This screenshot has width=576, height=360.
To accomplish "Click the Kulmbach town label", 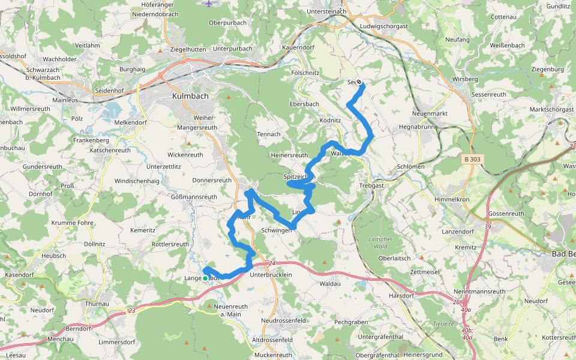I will pos(189,95).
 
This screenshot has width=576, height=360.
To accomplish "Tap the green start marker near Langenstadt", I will pos(205,278).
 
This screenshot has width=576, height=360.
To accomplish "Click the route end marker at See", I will pos(359,82).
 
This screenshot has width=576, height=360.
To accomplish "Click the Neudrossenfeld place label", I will pos(283,320).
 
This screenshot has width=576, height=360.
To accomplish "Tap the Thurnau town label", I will pos(97,304).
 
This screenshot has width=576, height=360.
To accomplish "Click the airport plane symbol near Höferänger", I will pos(209,4).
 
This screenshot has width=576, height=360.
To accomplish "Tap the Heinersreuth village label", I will pos(289,155).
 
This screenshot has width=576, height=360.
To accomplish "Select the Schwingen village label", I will pos(277,230).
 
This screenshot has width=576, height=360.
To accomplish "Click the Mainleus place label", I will pos(65,100).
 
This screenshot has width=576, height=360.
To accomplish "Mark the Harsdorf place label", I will pos(401,295).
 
